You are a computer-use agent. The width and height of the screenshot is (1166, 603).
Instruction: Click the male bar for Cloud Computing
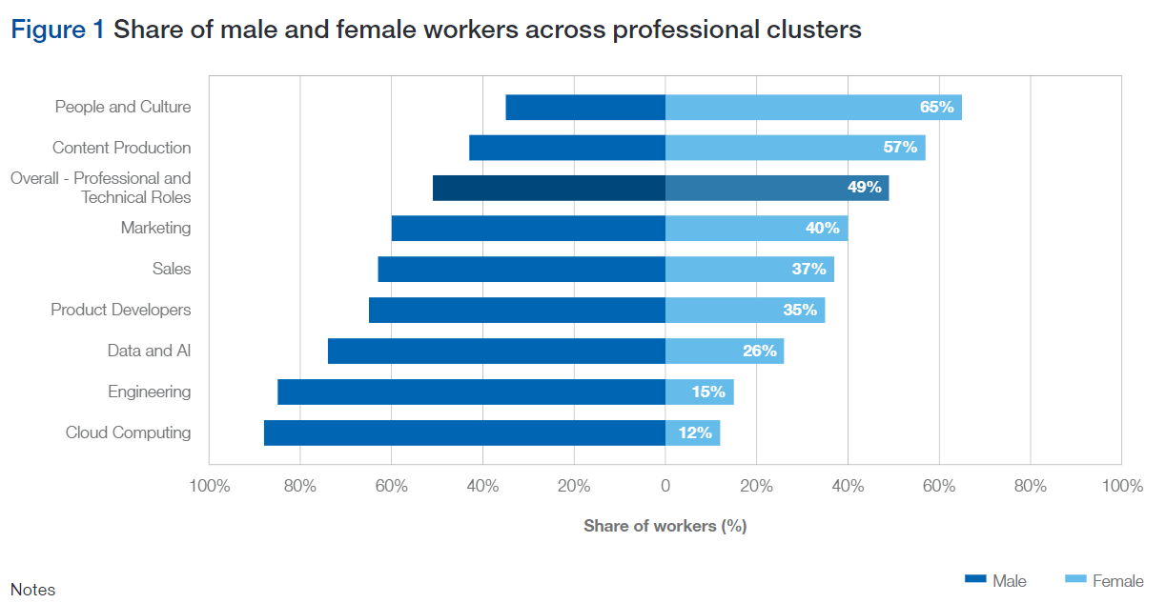[464, 432]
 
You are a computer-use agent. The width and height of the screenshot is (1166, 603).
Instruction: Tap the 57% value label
[900, 148]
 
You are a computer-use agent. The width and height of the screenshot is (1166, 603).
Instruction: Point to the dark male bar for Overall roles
[548, 188]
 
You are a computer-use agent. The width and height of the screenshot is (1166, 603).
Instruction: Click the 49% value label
[864, 188]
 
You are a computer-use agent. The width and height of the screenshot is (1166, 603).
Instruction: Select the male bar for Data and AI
[496, 351]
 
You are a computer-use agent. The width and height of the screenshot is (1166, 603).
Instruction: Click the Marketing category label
[155, 228]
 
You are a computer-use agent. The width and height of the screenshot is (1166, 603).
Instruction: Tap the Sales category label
[172, 269]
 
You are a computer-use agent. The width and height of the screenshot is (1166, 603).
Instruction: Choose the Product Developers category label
[121, 310]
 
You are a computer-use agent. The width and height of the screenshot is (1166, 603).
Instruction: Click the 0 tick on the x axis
[665, 487]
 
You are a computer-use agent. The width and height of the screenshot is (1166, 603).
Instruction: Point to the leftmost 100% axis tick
[210, 487]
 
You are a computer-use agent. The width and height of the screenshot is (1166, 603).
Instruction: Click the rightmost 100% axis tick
[1121, 487]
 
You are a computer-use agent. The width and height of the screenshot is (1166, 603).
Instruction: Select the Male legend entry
[996, 580]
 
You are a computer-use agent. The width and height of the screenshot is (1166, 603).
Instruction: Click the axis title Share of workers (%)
[665, 526]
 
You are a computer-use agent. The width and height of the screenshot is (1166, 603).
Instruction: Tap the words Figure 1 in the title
[57, 30]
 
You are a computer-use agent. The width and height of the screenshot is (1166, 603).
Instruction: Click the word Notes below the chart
[32, 590]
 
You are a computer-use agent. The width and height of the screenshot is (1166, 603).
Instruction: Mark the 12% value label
[695, 432]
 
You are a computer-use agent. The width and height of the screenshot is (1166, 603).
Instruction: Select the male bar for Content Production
[567, 148]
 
